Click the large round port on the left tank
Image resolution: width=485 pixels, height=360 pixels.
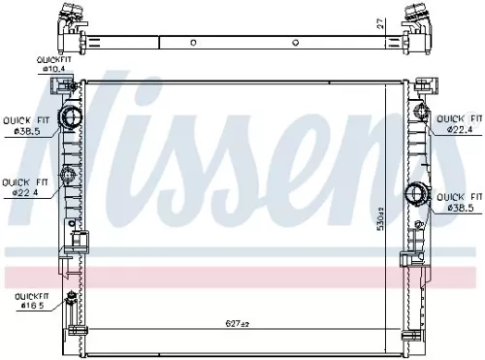coord(71,120)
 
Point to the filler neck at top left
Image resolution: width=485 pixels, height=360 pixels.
coord(70,16)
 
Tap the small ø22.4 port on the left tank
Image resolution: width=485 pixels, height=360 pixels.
coord(69,177)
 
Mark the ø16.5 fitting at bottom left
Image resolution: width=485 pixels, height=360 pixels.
coord(70,299)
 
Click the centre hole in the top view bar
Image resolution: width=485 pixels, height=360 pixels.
coord(192,42)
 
